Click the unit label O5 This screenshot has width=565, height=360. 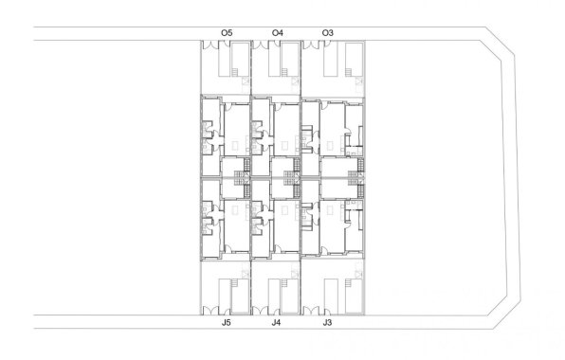tap(227, 33)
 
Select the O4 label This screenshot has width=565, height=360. tap(277, 33)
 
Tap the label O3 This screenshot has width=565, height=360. tap(327, 33)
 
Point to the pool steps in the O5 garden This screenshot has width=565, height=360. tap(246, 82)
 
